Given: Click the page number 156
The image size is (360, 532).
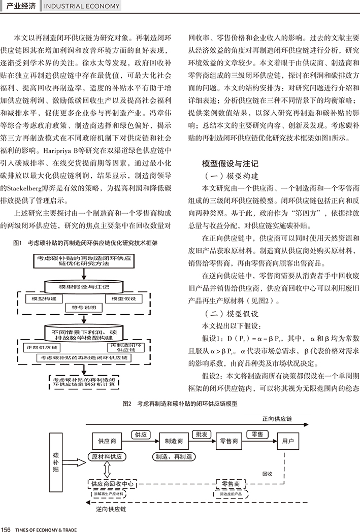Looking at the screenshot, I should coord(7,527).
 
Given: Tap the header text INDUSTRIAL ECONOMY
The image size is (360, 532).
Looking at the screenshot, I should coord(82,6).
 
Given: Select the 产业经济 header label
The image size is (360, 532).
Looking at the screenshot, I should coord(20,6).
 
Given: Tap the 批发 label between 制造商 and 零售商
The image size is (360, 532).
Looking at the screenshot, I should coord(201,434).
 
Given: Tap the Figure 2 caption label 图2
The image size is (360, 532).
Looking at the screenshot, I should coord(127,404).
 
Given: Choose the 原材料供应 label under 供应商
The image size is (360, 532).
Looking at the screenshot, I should coord(107,456).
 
